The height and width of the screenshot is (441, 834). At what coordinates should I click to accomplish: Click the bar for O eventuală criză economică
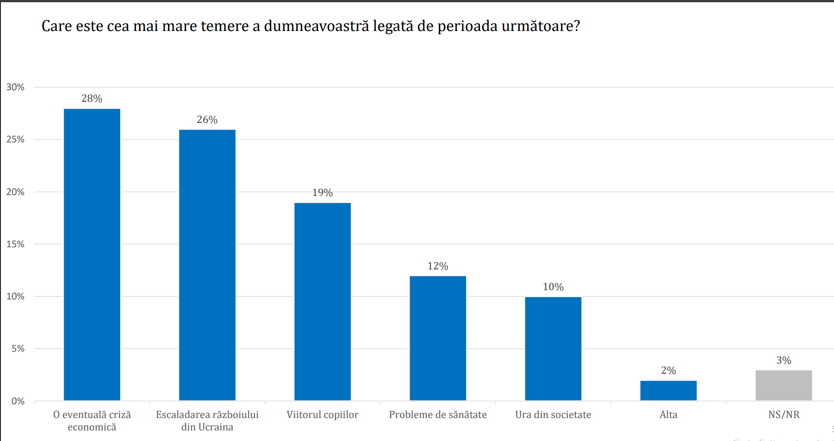click(92, 254)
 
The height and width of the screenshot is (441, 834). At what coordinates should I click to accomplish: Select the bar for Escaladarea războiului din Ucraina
click(207, 265)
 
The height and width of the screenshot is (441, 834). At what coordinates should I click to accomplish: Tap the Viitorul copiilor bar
click(322, 302)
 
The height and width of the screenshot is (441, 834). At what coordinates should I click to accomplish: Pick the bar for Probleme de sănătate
click(438, 338)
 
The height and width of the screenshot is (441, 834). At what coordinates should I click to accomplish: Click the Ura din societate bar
click(553, 349)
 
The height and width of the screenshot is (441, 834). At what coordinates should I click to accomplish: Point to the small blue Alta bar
click(668, 391)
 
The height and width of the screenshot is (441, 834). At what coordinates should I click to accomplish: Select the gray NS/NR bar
click(784, 385)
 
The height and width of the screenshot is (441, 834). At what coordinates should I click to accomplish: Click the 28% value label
click(92, 99)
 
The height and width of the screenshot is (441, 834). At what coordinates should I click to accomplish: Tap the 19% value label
click(322, 193)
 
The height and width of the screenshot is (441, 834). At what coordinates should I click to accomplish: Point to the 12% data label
click(438, 266)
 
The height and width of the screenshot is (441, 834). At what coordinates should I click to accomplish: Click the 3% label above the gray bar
click(784, 360)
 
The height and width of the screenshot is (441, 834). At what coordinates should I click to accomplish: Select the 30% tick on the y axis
click(16, 87)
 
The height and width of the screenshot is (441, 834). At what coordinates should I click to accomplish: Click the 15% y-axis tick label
click(16, 244)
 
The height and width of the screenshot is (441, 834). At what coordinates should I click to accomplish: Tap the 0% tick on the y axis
click(18, 401)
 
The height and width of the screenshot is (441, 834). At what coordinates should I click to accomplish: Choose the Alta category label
click(668, 415)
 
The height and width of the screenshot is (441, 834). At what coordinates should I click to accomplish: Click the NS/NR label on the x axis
click(784, 415)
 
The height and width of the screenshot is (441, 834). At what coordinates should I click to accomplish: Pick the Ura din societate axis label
click(553, 415)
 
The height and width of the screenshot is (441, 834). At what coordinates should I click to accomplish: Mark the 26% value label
click(207, 120)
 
